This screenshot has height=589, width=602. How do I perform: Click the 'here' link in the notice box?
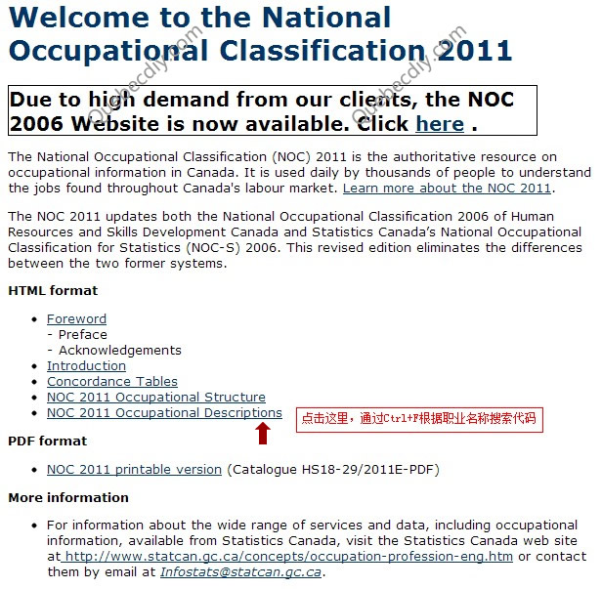[x=440, y=124]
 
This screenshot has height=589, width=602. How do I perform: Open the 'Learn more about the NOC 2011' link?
[x=447, y=189]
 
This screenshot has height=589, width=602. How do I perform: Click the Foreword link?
[x=76, y=319]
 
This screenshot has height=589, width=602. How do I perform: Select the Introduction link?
[x=86, y=366]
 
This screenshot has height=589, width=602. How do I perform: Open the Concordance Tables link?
[x=112, y=382]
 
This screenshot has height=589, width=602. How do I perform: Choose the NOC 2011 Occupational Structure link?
[x=156, y=398]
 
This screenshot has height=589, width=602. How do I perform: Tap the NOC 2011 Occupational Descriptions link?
[x=164, y=413]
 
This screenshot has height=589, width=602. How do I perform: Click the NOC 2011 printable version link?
[x=134, y=470]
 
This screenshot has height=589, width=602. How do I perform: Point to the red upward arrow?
[x=263, y=433]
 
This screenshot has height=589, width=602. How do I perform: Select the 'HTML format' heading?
[x=53, y=291]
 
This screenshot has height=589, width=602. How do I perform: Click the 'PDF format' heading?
[x=48, y=442]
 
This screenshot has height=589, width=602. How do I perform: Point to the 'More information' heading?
[x=68, y=498]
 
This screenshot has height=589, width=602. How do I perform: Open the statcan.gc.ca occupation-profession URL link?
[x=288, y=557]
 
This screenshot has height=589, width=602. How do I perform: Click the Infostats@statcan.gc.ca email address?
[x=240, y=572]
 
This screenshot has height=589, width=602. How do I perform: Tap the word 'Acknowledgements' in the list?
[x=119, y=351]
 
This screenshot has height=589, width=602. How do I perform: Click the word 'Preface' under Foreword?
[x=83, y=335]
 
